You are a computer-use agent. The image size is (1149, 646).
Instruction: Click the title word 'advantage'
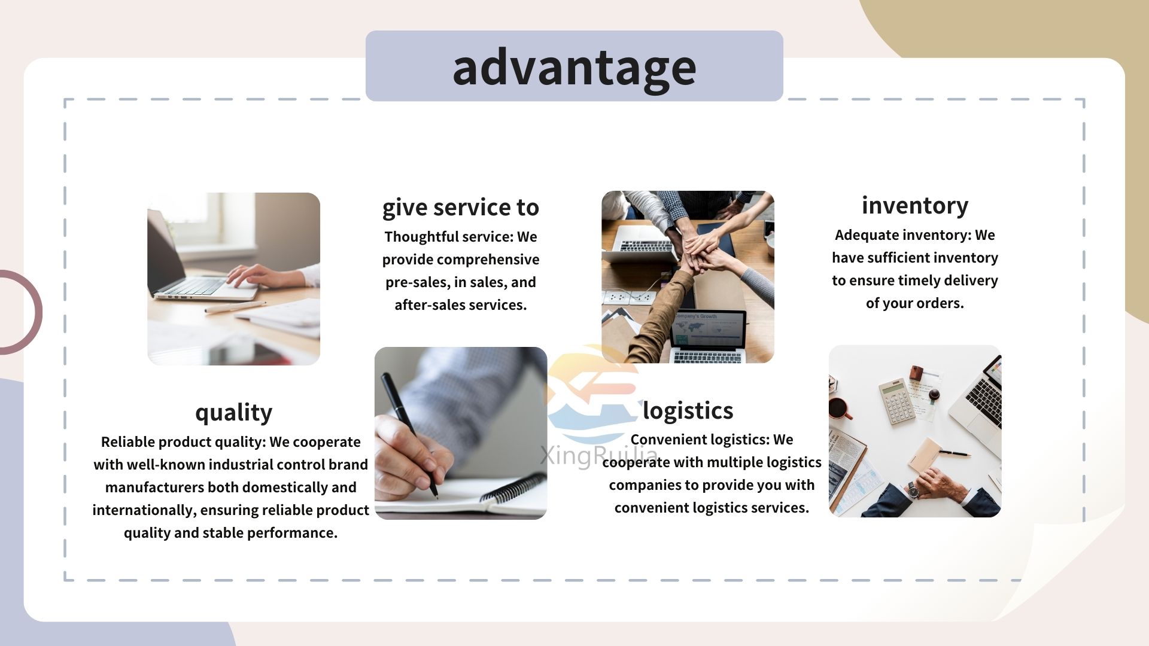(574, 68)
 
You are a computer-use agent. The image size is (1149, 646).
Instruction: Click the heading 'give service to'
(461, 207)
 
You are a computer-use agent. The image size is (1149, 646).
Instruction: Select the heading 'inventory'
(915, 205)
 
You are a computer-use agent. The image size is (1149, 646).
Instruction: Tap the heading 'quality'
(233, 413)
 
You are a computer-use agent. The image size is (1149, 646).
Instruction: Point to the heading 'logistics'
(688, 410)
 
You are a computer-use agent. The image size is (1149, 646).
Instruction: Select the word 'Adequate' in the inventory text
(864, 235)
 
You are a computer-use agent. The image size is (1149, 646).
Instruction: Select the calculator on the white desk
(897, 401)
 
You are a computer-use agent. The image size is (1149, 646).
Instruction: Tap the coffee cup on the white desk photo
(839, 409)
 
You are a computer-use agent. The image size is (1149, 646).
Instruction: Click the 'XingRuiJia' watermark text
(598, 456)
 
